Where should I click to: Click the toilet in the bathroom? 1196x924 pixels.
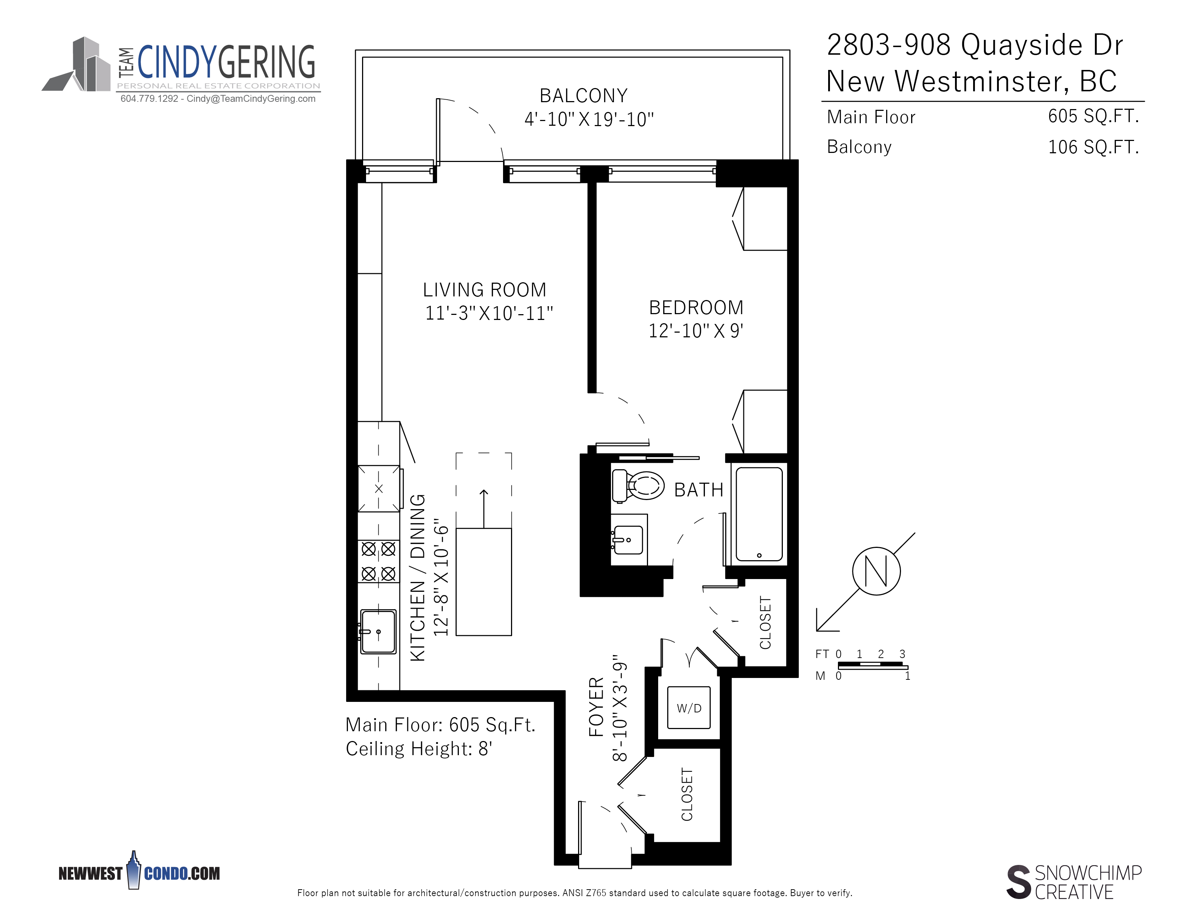point(638,486)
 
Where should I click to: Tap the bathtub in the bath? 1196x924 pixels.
point(759,514)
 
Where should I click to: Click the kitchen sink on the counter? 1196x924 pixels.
point(378,632)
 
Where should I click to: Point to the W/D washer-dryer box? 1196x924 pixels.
point(689,708)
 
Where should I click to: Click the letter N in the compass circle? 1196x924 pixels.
point(876,571)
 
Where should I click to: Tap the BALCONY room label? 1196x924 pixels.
point(584,96)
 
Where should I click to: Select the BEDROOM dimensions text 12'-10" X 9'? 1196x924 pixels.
point(696,330)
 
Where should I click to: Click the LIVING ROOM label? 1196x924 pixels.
point(485,290)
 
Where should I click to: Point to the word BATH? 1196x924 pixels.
point(699,490)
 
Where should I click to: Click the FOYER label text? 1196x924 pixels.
point(596,707)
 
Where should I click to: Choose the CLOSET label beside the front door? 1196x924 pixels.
point(687,794)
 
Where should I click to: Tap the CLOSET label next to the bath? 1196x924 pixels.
point(765,623)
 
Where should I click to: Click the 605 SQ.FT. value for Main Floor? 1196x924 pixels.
point(1093,116)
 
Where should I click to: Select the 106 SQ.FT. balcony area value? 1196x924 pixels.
point(1093,147)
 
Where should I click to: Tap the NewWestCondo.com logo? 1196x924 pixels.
point(139,871)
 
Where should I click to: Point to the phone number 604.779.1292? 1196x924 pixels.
point(149,99)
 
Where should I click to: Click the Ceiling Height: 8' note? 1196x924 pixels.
point(419,748)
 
